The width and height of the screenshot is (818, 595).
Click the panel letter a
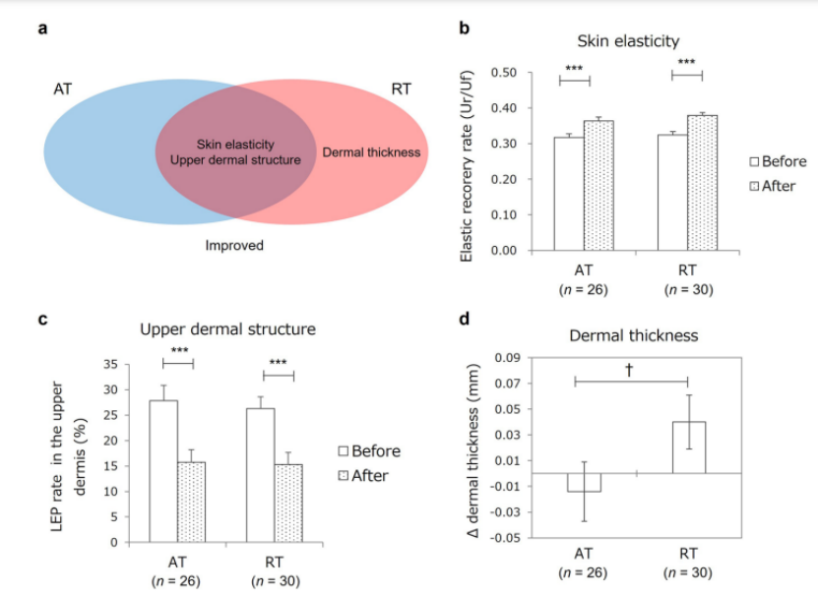click(x=42, y=28)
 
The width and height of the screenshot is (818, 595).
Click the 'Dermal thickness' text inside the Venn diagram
click(x=372, y=152)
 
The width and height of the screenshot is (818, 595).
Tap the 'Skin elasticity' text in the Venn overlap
click(x=235, y=144)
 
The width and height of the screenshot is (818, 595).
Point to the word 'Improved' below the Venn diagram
click(x=234, y=245)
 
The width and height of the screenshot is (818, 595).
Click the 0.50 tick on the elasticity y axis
click(x=505, y=73)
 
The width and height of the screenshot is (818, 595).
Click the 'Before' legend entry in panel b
click(x=778, y=161)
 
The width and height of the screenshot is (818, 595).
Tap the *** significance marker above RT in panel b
click(x=687, y=64)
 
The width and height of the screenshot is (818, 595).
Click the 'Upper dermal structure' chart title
click(x=227, y=327)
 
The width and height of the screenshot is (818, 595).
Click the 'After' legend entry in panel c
click(x=370, y=476)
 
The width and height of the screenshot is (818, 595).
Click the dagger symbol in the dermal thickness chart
click(x=629, y=369)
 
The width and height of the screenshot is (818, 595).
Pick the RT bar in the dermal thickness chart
click(x=688, y=447)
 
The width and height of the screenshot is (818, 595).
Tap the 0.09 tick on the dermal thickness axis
click(x=507, y=358)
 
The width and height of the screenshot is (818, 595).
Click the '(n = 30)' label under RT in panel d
click(x=688, y=572)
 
